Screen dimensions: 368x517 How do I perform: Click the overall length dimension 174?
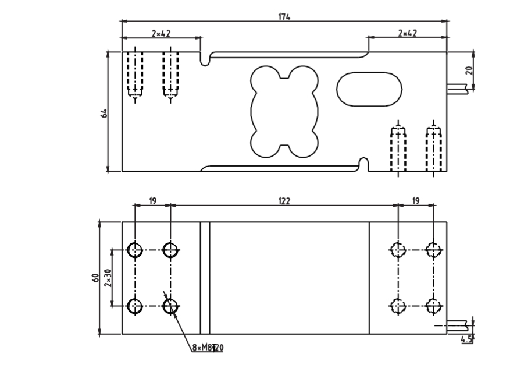[284, 16]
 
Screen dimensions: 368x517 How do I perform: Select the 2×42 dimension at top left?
[161, 34]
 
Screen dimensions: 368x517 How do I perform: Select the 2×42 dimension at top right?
[407, 34]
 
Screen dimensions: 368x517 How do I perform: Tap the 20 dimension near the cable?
[469, 70]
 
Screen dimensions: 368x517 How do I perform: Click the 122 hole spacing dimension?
[284, 201]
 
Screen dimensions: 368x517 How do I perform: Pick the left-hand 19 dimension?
[152, 201]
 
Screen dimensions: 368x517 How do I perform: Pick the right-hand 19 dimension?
[415, 201]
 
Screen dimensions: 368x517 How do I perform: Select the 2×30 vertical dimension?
[108, 278]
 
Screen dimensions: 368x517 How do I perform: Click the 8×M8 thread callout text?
[208, 348]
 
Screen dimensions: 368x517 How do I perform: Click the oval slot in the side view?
[369, 89]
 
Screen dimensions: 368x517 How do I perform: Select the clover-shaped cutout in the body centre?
[284, 112]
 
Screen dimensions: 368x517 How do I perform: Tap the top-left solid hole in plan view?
[135, 250]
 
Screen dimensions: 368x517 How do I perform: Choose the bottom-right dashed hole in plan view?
[432, 306]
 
